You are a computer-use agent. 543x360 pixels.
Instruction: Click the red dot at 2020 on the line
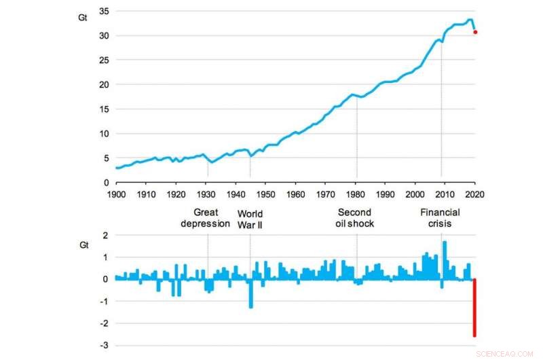point(475,32)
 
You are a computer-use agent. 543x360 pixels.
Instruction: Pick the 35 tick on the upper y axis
point(105,11)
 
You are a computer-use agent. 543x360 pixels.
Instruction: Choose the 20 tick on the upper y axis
point(105,84)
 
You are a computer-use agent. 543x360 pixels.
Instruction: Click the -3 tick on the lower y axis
point(105,346)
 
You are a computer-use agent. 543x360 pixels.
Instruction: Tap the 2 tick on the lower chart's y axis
point(106,235)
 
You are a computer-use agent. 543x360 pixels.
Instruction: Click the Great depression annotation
point(205,218)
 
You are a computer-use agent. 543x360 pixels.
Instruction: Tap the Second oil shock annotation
point(356,218)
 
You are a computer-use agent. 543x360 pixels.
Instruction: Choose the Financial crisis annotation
point(441,218)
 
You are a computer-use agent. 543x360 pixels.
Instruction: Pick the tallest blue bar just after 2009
point(445,260)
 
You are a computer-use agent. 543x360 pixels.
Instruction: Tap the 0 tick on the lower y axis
point(106,279)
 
